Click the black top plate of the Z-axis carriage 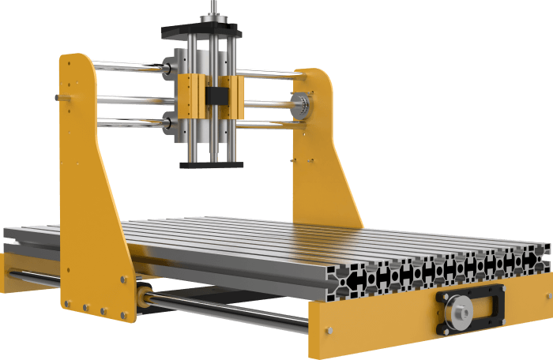[x=201, y=32]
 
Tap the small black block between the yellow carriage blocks [x=213, y=96]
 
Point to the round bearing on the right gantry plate [x=300, y=103]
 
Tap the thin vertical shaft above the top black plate [x=213, y=10]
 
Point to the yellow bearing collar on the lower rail [x=143, y=296]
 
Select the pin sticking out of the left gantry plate [x=58, y=97]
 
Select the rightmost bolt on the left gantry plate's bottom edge [x=124, y=316]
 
